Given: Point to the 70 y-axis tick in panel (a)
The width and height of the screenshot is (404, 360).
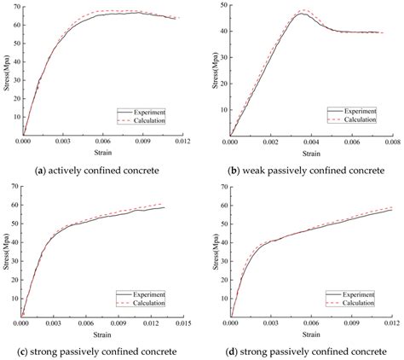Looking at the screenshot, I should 14,5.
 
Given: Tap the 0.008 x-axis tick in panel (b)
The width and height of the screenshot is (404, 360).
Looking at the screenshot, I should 390,142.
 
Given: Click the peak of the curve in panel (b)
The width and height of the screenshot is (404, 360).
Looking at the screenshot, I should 302,12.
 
